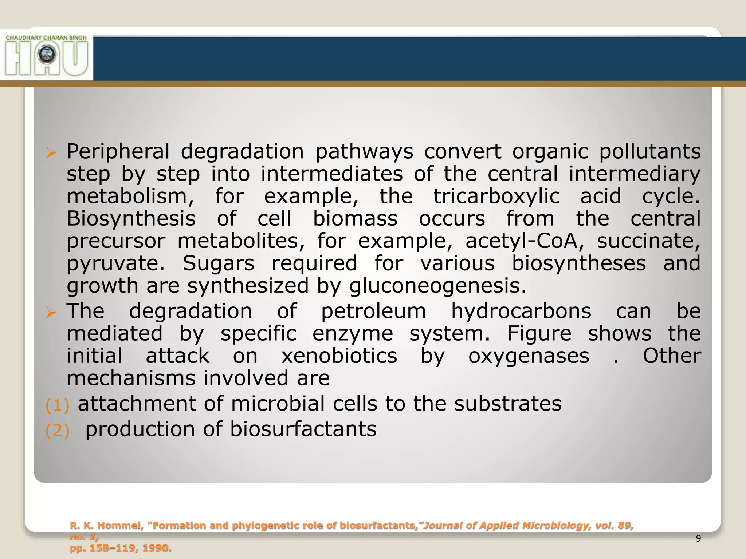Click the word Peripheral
[118, 152]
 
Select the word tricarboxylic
[496, 197]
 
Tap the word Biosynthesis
[131, 219]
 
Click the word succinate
[648, 241]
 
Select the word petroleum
[373, 312]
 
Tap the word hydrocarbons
[521, 312]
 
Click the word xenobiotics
[339, 356]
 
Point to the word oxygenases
[529, 356]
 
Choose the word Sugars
[218, 263]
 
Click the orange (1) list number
[57, 405]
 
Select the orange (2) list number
[57, 431]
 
